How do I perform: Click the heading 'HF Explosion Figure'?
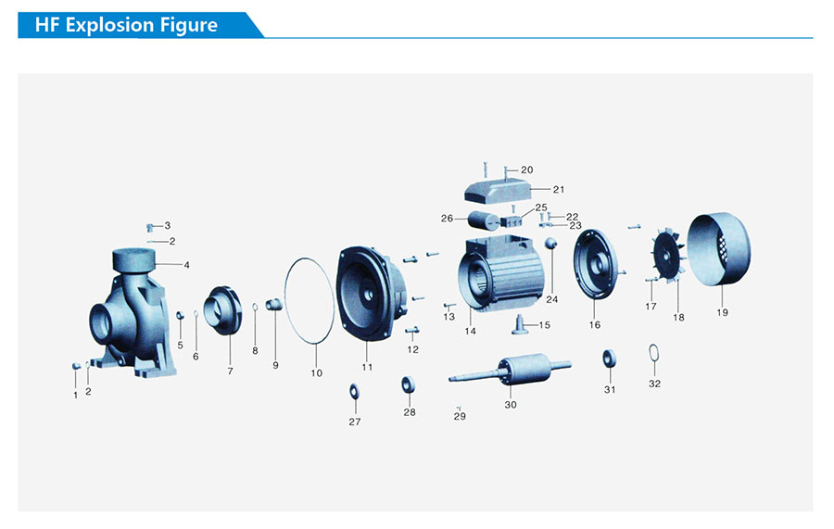point(126,25)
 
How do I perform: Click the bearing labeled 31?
point(609,359)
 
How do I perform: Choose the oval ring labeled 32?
point(653,352)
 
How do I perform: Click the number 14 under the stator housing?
point(470,331)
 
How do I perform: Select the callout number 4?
point(186,265)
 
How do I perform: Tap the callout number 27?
point(354,422)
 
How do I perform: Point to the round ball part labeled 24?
point(550,244)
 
